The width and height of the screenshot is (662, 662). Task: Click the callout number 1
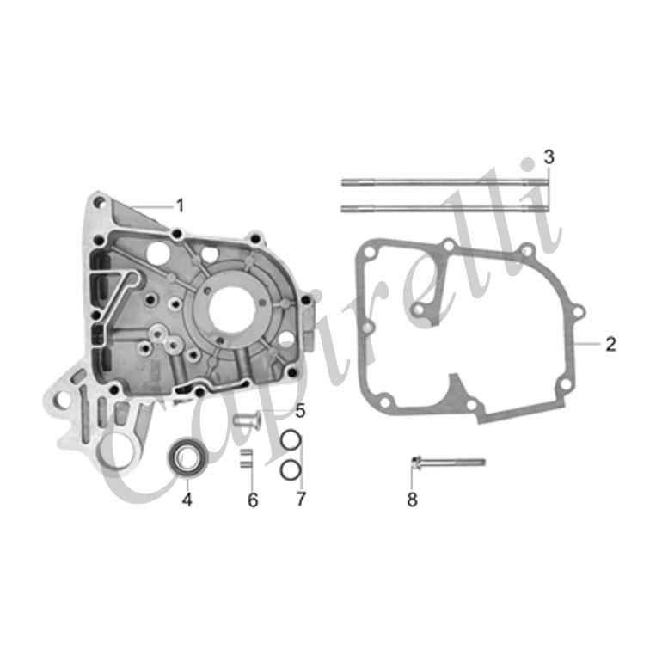click(x=181, y=206)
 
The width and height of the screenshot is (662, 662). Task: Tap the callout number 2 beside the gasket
click(x=610, y=344)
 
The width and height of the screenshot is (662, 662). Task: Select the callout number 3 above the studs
click(x=549, y=157)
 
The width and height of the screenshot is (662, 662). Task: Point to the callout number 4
click(x=187, y=500)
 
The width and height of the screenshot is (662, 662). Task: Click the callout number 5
click(x=300, y=411)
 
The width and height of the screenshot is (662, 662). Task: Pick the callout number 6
click(x=253, y=500)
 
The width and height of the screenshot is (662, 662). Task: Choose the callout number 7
click(x=301, y=499)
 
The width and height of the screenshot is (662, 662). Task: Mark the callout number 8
click(x=412, y=500)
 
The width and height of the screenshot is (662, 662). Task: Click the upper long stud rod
click(x=445, y=182)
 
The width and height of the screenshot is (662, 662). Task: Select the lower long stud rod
click(x=445, y=208)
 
